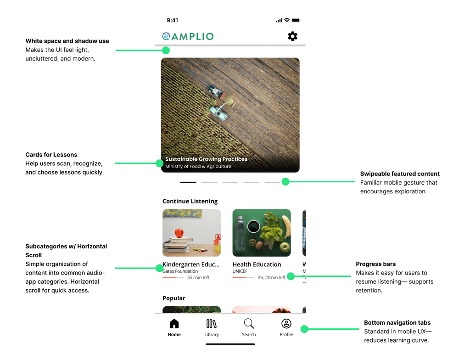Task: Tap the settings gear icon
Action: coord(292,36)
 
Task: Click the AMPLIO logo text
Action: coord(192,36)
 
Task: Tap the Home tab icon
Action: coord(174,324)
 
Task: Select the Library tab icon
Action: coord(211,324)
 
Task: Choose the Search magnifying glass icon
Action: coord(249,324)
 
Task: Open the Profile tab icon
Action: coord(286,324)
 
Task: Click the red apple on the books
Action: coord(179,233)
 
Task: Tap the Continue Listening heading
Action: coord(190,201)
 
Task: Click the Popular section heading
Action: coord(174,298)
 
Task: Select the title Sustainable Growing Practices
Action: coord(206,159)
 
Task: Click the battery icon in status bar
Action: coord(296,20)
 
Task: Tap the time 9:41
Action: coord(173,20)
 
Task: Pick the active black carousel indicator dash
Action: coord(188,182)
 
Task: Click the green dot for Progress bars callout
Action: coord(291,276)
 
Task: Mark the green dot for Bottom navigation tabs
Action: coord(304,329)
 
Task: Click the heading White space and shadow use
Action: coord(67,41)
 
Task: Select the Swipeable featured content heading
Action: coord(400,174)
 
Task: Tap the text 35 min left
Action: coord(198,277)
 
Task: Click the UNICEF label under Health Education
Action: coord(240,271)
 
